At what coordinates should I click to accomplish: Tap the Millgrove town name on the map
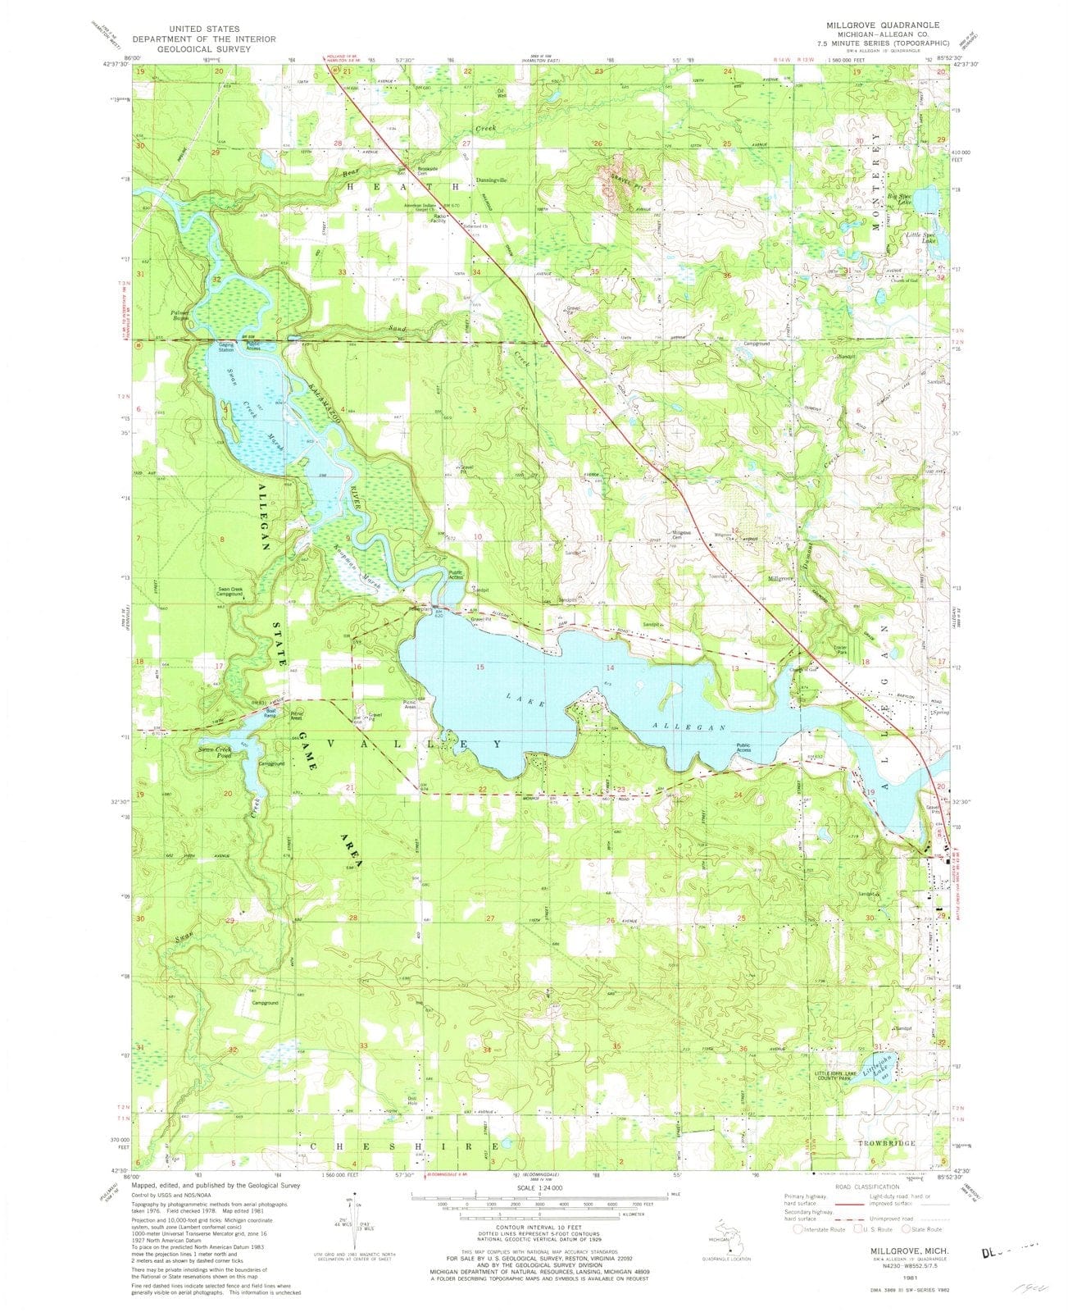779,577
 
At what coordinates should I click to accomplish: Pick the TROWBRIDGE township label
906,1142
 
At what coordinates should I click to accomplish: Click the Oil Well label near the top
501,94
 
